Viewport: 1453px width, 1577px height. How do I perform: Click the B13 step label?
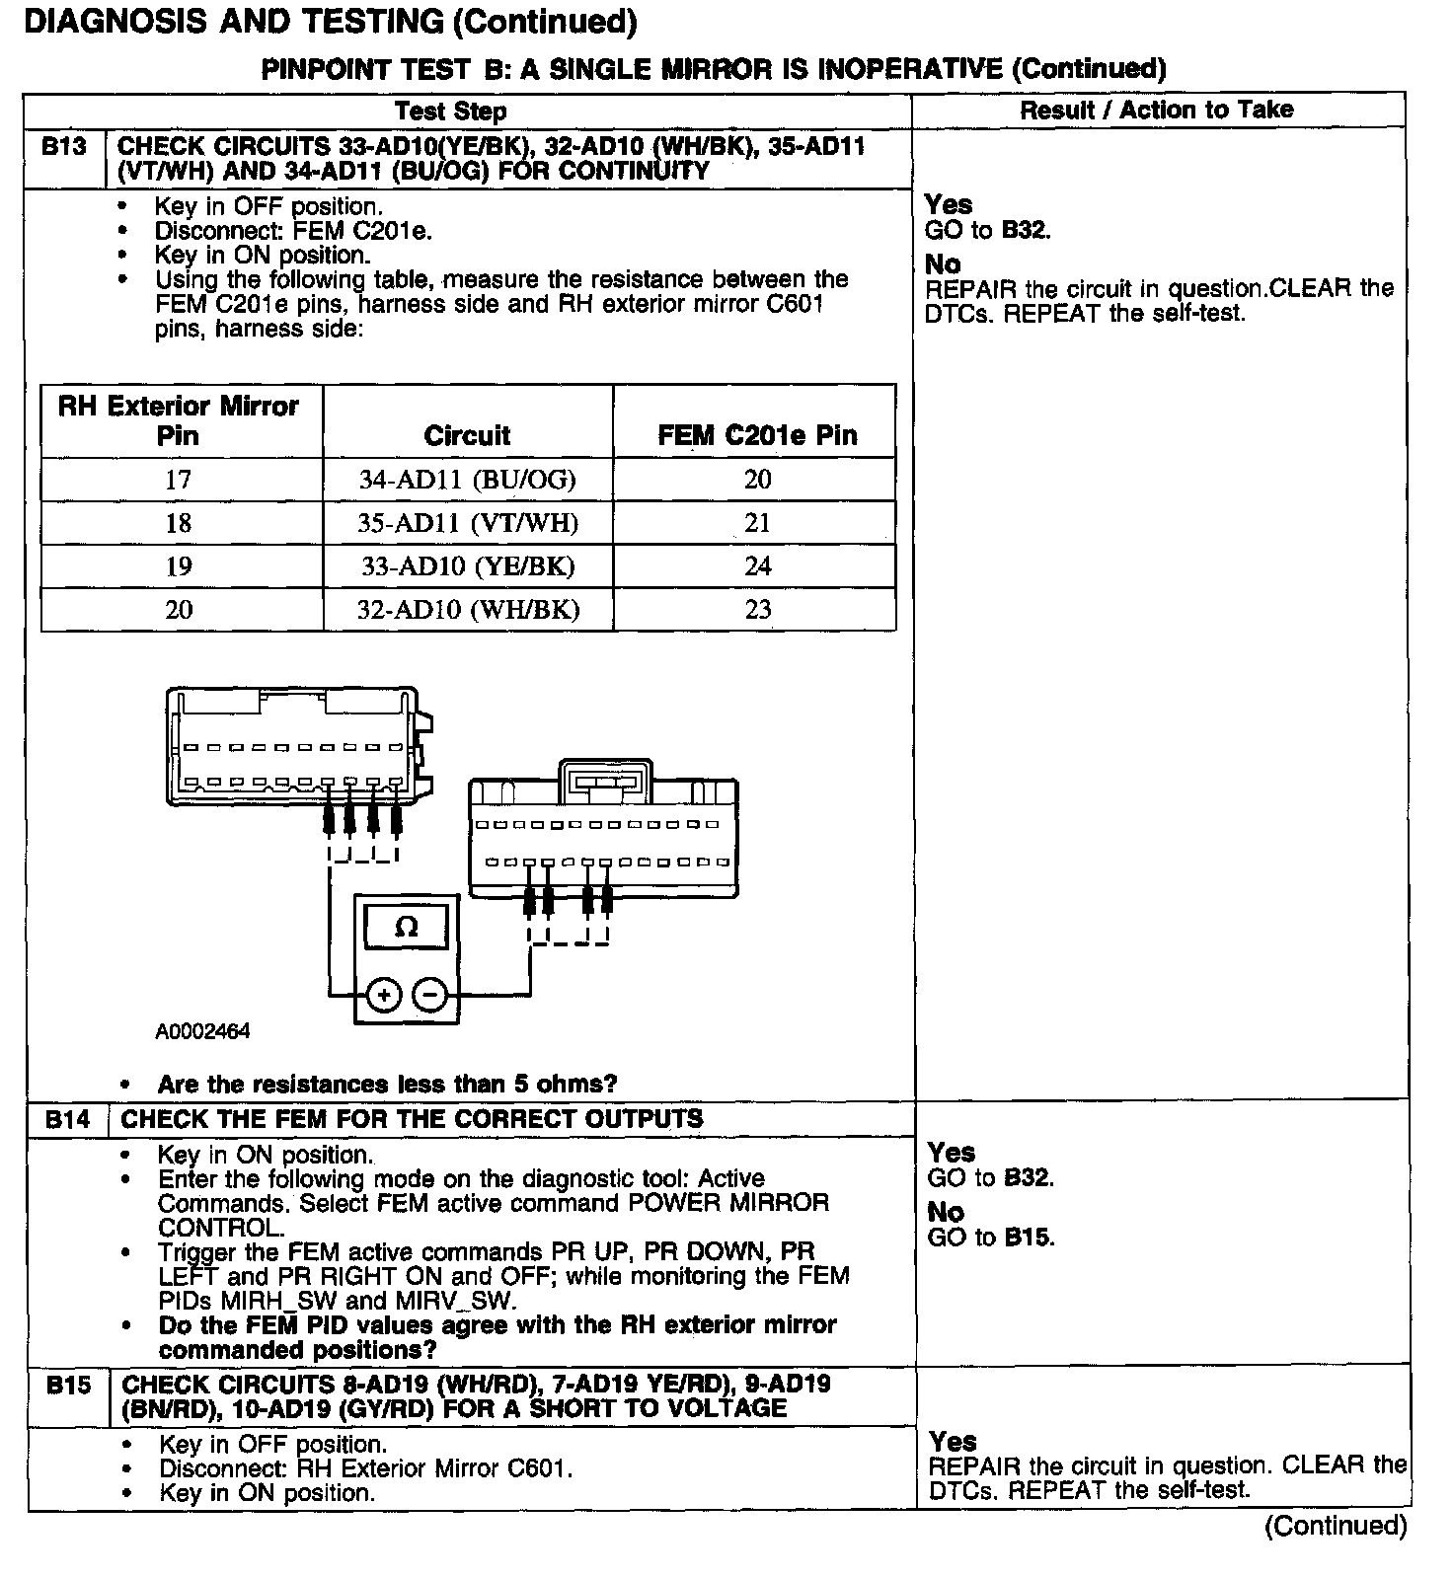tap(63, 147)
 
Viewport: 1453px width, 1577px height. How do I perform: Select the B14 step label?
tap(67, 1119)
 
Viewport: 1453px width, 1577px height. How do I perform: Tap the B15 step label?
tap(68, 1385)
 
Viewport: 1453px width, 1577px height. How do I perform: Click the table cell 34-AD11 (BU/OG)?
tap(468, 480)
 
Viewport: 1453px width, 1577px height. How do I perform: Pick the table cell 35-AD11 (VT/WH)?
tap(468, 523)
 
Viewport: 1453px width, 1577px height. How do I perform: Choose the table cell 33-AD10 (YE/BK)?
tap(468, 566)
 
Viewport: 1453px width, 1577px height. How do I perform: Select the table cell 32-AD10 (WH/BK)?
tap(468, 610)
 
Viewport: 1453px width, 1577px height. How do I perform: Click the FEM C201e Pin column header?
tap(757, 435)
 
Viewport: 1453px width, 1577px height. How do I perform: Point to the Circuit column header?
tap(467, 435)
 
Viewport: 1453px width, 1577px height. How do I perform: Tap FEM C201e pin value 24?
tap(757, 566)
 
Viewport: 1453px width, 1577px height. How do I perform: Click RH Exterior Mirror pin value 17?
tap(179, 480)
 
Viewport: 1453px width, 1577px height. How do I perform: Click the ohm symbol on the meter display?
tap(406, 927)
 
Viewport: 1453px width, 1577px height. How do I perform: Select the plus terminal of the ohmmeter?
tap(383, 995)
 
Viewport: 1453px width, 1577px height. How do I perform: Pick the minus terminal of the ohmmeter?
tap(429, 995)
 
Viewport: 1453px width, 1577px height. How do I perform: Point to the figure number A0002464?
tap(202, 1031)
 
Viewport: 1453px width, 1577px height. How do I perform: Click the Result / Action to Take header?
tap(1156, 110)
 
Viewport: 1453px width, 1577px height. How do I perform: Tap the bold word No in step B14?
tap(945, 1212)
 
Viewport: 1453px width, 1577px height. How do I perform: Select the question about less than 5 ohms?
tap(387, 1084)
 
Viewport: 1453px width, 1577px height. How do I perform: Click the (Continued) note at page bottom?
tap(1335, 1526)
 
